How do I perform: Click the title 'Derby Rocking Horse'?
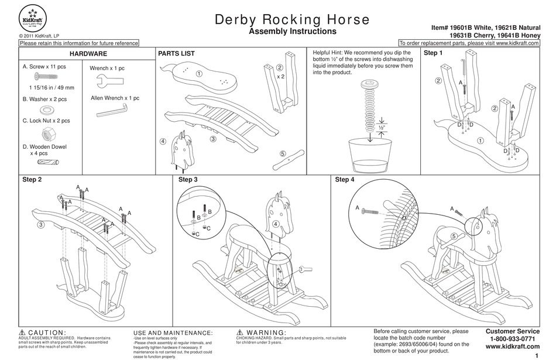tap(293, 19)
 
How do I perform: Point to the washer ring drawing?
tap(45, 110)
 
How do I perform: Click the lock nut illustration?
tap(44, 133)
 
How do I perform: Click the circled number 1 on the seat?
tap(199, 74)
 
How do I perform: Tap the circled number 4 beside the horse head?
tap(163, 142)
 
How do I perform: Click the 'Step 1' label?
tap(433, 53)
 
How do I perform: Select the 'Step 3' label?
tap(187, 180)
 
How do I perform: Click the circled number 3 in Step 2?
tap(42, 225)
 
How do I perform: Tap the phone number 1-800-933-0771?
tap(512, 339)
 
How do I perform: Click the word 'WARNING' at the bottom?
tap(266, 332)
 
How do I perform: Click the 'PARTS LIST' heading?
tap(176, 53)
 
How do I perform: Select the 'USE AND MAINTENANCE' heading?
tap(173, 332)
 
